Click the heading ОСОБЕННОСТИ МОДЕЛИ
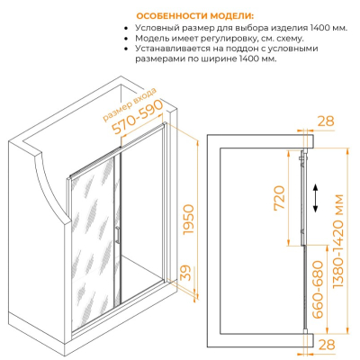194,15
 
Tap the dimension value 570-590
138,117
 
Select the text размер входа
130,104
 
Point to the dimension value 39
186,273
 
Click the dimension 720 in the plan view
279,199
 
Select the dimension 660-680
317,290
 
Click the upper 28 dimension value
326,121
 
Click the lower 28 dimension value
327,345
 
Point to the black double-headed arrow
315,198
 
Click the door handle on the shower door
118,235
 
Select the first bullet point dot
126,29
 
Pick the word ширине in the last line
220,58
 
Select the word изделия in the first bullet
290,29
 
